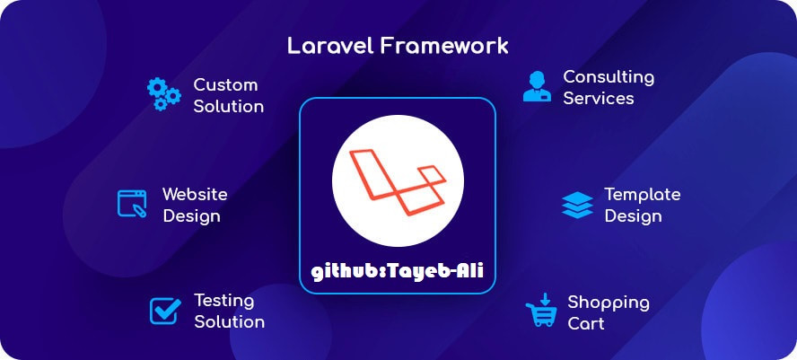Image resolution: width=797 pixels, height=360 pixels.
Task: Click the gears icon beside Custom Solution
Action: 163,93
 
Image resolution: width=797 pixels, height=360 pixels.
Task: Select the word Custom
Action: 225,85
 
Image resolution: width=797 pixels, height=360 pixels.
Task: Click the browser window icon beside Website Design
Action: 132,204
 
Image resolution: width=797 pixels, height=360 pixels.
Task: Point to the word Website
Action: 195,194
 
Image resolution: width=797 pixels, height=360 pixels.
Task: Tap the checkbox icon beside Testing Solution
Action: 164,311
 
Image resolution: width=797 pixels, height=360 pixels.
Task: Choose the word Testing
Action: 224,301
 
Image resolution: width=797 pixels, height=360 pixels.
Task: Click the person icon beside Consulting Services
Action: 537,86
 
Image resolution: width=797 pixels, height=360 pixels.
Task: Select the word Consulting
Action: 609,76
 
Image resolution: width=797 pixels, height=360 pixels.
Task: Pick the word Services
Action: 599,98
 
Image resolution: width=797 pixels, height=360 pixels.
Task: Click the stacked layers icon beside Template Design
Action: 577,205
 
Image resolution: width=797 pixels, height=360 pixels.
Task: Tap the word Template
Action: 642,194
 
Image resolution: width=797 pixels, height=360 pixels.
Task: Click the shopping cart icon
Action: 540,312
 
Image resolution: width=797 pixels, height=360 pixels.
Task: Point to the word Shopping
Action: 608,302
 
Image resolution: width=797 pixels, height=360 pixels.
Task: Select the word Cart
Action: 586,323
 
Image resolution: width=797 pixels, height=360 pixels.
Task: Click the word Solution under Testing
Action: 230,321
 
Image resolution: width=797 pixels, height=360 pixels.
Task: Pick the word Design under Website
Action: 191,215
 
